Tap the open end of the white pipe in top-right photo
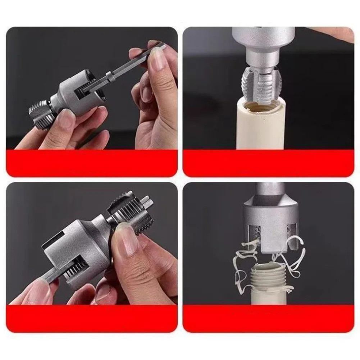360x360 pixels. click(261, 106)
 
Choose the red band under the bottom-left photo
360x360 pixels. click(92, 318)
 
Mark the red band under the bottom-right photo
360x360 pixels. click(268, 318)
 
